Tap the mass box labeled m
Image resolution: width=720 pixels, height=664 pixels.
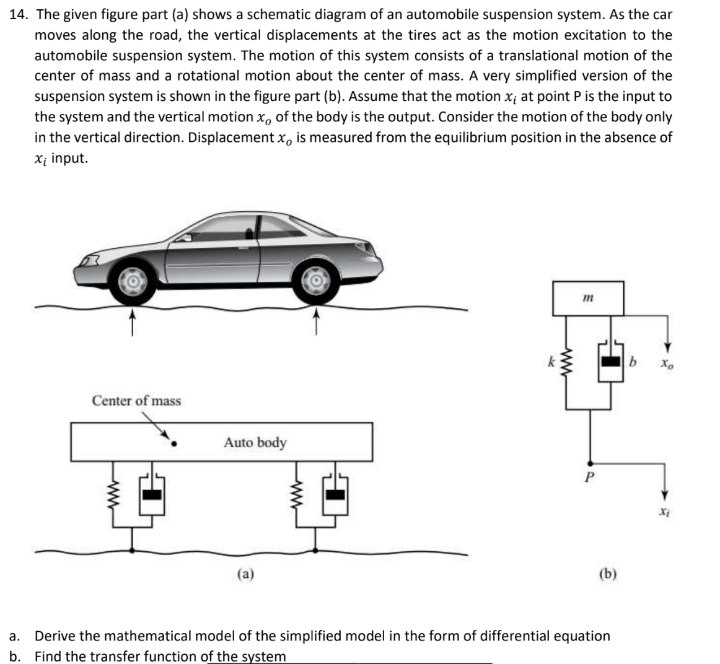point(588,299)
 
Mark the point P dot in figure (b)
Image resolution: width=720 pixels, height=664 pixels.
point(591,461)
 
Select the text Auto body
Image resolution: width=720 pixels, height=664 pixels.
point(255,443)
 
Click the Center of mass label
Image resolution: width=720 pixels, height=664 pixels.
point(136,401)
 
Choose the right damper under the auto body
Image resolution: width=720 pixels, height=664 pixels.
point(335,495)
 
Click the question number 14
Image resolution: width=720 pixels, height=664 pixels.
point(20,15)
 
